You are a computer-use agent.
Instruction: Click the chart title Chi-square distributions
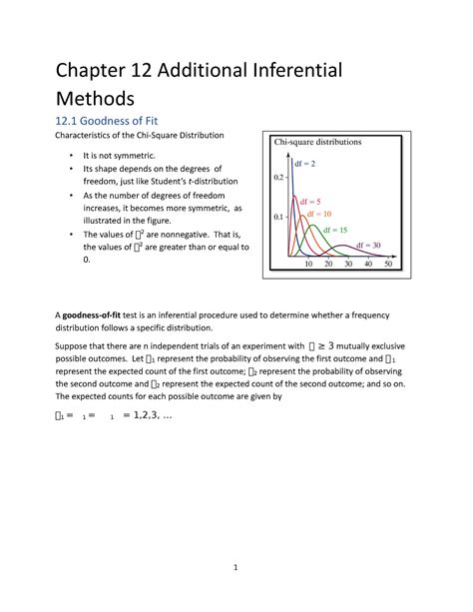click(x=317, y=142)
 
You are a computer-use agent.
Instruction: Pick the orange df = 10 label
click(x=320, y=215)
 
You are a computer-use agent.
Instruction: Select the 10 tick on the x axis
click(x=308, y=266)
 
